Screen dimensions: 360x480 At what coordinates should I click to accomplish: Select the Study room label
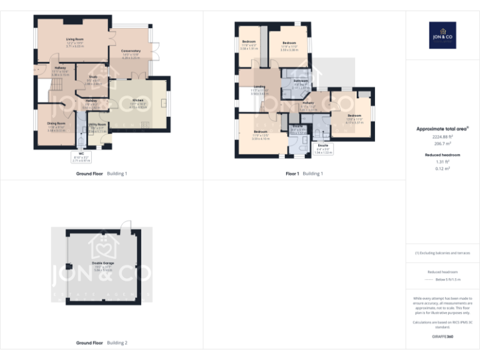[92, 81]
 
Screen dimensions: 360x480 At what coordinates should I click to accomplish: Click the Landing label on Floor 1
[259, 89]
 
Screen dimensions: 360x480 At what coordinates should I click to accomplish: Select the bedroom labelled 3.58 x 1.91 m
[248, 44]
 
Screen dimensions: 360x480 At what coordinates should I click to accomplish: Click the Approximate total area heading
[442, 129]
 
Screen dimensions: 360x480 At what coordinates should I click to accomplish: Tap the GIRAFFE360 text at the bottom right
[442, 337]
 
